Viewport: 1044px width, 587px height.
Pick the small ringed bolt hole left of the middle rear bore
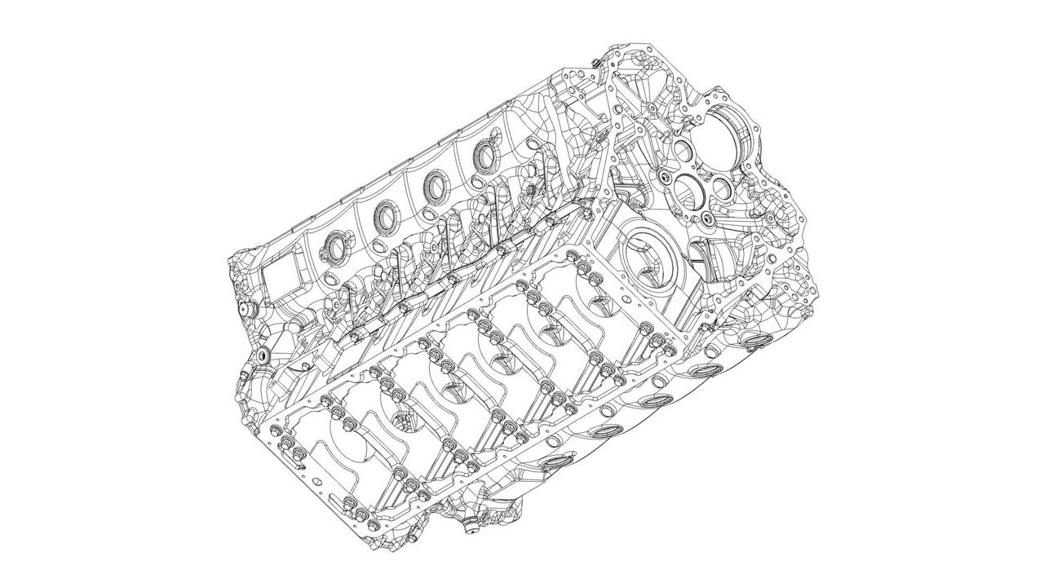coord(668,175)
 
